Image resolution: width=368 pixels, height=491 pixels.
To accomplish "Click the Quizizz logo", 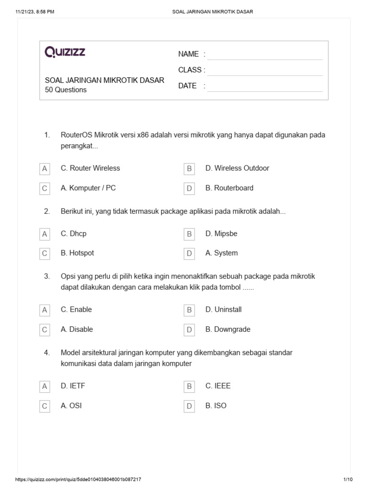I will (x=65, y=52).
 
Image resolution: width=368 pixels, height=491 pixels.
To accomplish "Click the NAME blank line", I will (x=265, y=55).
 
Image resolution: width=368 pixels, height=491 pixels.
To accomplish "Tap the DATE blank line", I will (x=265, y=86).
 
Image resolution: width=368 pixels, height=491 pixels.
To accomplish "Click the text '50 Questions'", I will (x=66, y=90).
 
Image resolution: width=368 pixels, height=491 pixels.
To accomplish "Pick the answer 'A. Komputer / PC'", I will (x=88, y=188).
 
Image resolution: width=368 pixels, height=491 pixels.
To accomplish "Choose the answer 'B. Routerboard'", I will (x=229, y=188).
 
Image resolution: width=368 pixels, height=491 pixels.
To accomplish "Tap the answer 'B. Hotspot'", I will (x=77, y=253).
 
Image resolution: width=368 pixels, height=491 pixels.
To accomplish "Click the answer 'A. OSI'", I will (x=71, y=406).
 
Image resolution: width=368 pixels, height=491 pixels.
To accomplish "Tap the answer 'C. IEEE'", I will (x=218, y=386).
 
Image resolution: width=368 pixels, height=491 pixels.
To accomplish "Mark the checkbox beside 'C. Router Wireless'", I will (x=45, y=169).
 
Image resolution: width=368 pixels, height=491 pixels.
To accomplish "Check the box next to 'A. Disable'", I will (x=45, y=330).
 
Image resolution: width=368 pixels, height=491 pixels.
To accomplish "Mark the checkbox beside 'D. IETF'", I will (x=45, y=386).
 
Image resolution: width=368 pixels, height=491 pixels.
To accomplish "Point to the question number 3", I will (x=47, y=277).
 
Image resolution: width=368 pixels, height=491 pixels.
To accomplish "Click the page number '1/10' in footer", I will (x=348, y=479).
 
